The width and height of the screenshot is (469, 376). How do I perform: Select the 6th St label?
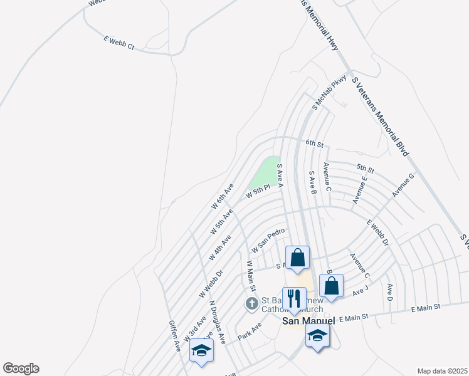pos(314,144)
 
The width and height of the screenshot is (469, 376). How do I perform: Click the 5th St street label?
pos(365,169)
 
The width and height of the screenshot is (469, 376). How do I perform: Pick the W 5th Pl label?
pos(258,191)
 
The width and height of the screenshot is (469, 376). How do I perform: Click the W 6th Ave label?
pos(222,196)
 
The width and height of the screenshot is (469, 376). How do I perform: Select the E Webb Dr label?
pos(377,233)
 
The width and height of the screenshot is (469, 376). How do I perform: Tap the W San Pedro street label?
pos(268,241)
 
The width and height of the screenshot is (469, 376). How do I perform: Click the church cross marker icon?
pos(251,305)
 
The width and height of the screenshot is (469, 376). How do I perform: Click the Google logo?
pos(21,368)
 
